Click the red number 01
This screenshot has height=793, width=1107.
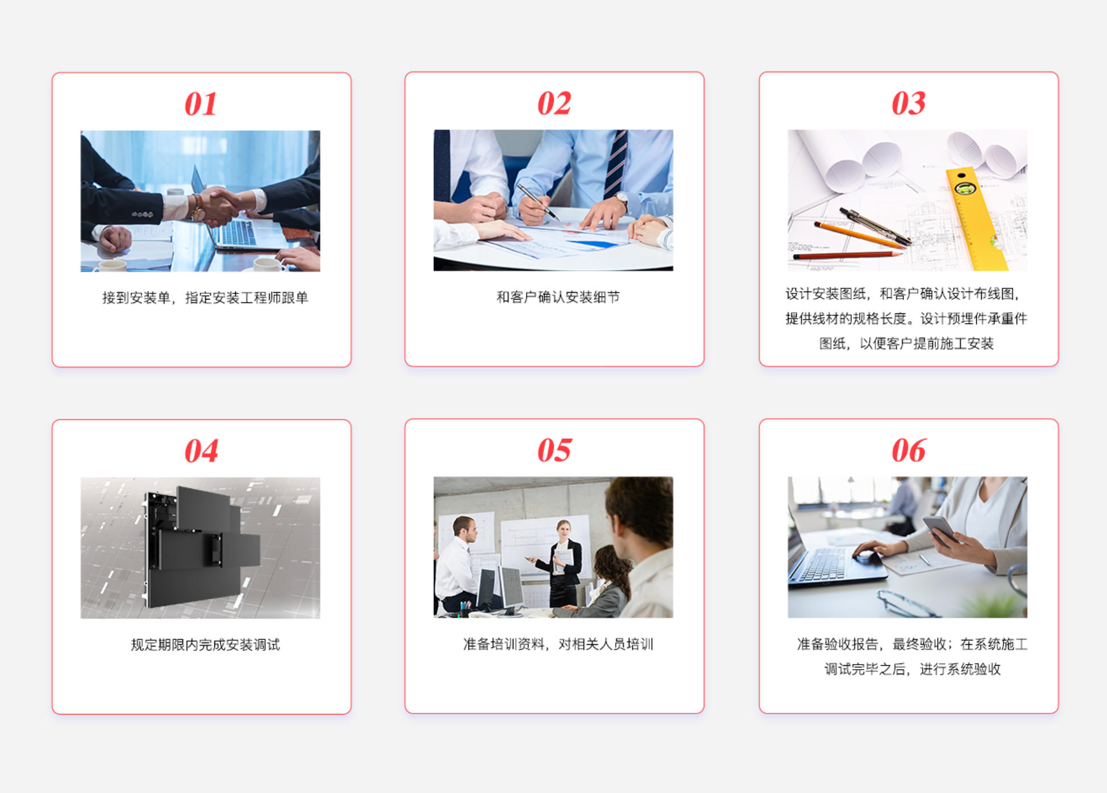201,104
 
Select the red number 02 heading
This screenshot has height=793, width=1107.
554,103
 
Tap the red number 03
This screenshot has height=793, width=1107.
909,103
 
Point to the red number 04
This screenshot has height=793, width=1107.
201,451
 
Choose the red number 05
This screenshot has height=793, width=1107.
554,450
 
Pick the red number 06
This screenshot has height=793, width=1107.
909,451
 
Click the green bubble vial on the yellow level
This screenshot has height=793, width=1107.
964,188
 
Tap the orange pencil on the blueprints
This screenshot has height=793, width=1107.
859,234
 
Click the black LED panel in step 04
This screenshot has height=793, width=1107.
202,546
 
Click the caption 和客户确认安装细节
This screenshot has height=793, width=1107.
558,297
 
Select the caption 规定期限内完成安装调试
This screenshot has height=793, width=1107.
205,644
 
